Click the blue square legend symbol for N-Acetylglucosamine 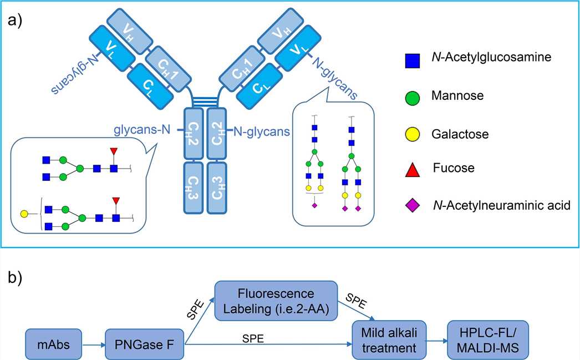411,57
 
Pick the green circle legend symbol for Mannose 411,96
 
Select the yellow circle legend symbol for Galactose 411,134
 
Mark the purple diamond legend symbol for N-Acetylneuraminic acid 411,206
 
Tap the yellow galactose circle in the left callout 24,213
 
